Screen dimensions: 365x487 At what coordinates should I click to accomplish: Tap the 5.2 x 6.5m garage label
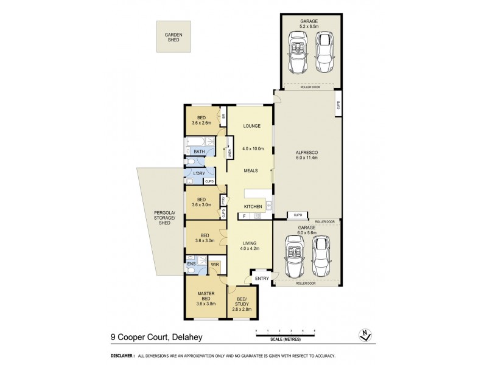310,24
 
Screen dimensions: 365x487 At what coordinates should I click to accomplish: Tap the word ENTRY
262,279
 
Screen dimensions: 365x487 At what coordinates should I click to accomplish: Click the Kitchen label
253,207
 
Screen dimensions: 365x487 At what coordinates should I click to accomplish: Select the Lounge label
251,126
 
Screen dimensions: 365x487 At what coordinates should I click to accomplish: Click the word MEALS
253,172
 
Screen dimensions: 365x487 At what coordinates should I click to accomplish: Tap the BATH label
199,151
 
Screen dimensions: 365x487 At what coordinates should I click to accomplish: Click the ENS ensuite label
191,265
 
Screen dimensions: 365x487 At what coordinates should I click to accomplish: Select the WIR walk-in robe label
214,265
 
